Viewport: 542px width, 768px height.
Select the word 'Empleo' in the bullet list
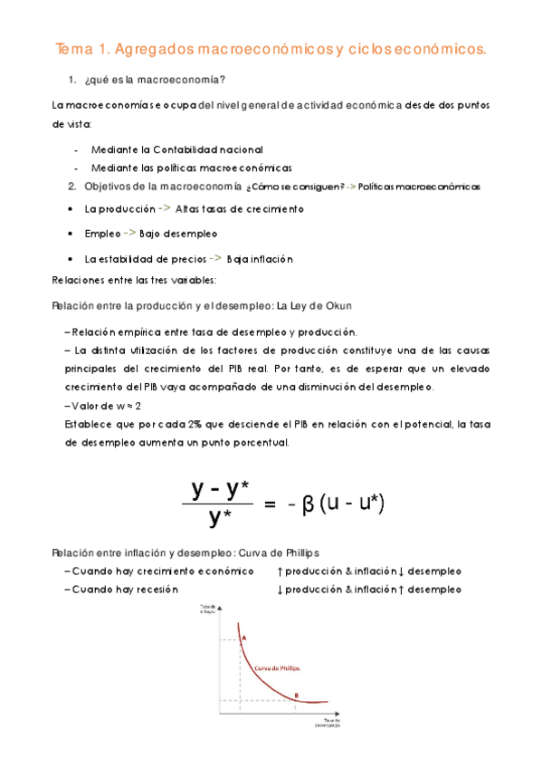click(x=102, y=234)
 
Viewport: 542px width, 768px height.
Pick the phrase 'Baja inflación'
click(x=261, y=259)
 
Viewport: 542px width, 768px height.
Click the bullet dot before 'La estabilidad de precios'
click(x=72, y=259)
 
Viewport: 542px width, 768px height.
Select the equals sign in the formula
click(x=268, y=504)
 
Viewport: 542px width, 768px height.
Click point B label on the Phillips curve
click(x=295, y=695)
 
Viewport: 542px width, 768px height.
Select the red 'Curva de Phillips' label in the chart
click(x=278, y=667)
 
